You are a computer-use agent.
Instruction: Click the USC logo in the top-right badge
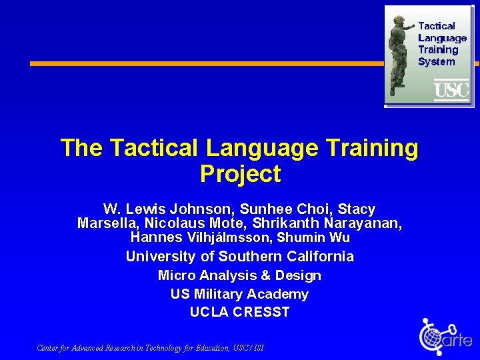coord(451,89)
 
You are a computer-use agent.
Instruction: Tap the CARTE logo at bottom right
coord(445,337)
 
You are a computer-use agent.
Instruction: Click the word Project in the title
coord(240,174)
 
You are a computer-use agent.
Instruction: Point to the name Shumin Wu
coord(313,237)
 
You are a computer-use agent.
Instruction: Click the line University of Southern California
coord(240,257)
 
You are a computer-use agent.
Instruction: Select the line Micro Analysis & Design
coord(240,275)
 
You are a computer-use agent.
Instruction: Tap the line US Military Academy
coord(240,294)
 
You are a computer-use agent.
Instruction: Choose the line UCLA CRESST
coord(240,312)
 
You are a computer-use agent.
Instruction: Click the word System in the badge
coord(436,62)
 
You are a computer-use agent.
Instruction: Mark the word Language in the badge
coord(442,38)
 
